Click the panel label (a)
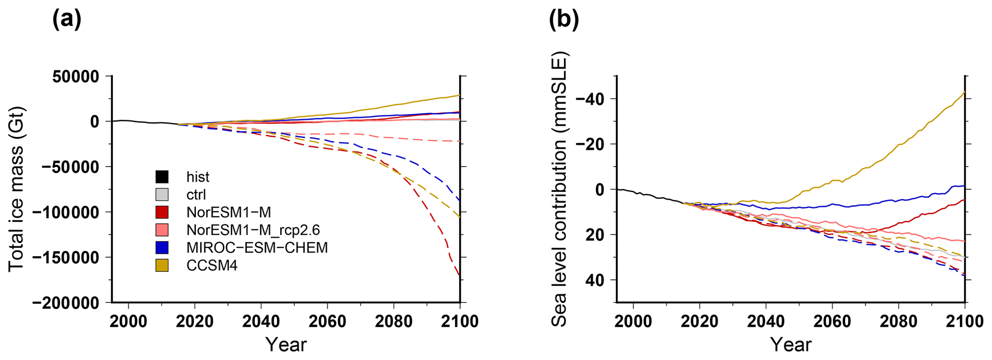[x=67, y=20]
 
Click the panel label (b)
[x=564, y=20]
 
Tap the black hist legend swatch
[x=162, y=177]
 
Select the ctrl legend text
[x=196, y=195]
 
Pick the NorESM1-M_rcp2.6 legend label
[x=253, y=230]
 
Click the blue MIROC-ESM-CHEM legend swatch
[x=162, y=248]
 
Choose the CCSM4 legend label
[x=212, y=265]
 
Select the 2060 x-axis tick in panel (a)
[x=327, y=321]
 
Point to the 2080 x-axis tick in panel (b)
[x=898, y=321]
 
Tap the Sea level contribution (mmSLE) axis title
[x=560, y=190]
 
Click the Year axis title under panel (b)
[x=790, y=344]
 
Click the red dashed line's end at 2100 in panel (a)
[x=459, y=275]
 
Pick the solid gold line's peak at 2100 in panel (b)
[x=964, y=92]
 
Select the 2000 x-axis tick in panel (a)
[x=129, y=321]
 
